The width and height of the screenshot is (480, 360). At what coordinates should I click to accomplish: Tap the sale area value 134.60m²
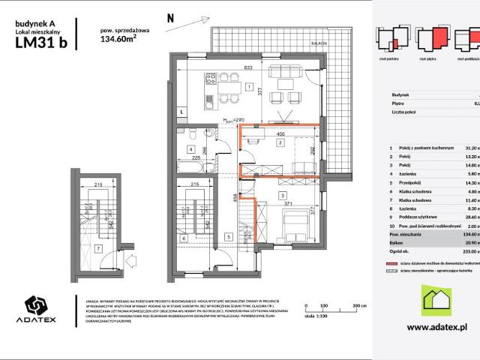tap(117, 41)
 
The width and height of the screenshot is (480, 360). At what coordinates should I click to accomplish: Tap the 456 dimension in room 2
tap(280, 134)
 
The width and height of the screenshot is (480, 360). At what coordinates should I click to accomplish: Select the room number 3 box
tap(281, 196)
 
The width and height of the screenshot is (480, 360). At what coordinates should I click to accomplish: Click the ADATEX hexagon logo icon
tap(36, 328)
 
